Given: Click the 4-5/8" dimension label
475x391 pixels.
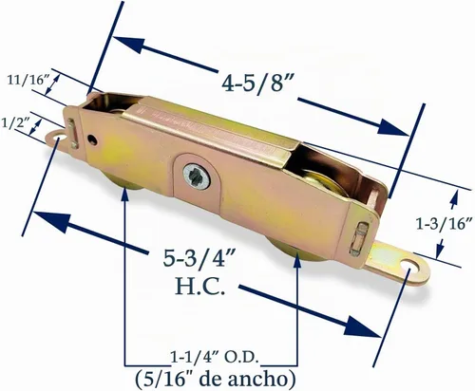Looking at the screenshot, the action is click(x=256, y=84).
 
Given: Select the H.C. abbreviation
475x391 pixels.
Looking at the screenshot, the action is click(x=200, y=287).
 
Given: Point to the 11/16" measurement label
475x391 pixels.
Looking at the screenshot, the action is click(x=27, y=80).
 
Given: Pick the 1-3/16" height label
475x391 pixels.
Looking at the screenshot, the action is click(x=445, y=224).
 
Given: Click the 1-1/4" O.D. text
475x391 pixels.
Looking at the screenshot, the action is click(x=213, y=358).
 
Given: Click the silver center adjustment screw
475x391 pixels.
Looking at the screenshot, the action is click(x=197, y=177).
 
